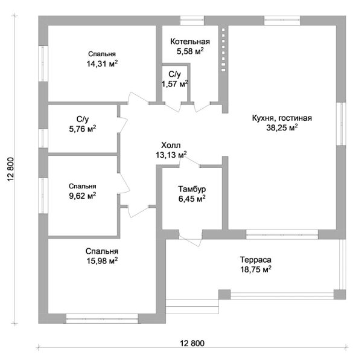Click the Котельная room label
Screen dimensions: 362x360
(190, 42)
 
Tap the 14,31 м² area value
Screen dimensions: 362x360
(102, 63)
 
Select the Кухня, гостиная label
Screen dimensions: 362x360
(282, 118)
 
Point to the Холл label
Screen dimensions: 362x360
(171, 146)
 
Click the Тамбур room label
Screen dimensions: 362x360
(192, 189)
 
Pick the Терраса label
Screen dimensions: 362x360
(256, 260)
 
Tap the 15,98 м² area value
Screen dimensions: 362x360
(102, 261)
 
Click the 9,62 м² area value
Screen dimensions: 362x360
(83, 196)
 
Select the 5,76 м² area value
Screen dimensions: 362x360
(83, 129)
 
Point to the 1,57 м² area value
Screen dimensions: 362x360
(174, 83)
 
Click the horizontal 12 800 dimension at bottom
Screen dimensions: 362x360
(192, 343)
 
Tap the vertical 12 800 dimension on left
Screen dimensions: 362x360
(11, 169)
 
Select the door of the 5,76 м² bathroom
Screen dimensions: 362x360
(122, 125)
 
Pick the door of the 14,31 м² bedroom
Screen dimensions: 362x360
(138, 99)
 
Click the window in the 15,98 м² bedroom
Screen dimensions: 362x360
(102, 318)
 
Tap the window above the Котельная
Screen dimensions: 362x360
(192, 21)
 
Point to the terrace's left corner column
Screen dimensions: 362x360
(224, 294)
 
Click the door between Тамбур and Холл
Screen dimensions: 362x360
(189, 161)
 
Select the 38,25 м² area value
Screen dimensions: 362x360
(282, 127)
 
